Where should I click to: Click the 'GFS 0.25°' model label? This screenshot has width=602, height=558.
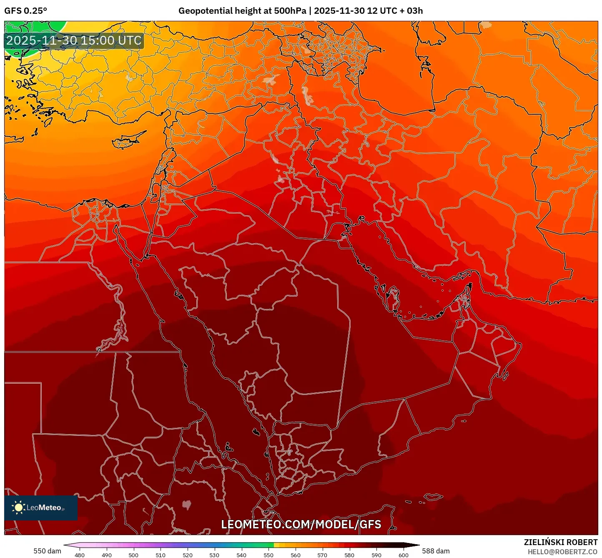point(25,11)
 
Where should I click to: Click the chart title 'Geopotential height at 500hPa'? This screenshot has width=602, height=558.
point(242,11)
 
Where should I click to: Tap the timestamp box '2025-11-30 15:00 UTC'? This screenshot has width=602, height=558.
point(74,41)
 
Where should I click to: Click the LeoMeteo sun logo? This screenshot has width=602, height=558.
point(18,508)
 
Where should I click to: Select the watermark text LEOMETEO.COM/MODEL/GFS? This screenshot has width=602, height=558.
point(301,524)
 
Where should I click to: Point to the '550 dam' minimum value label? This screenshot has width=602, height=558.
point(47,551)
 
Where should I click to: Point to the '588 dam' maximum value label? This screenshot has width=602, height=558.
point(436,551)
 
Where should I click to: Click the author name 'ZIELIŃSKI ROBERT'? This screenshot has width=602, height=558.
point(561,542)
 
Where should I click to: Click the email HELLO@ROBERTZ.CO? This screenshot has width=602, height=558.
point(562,552)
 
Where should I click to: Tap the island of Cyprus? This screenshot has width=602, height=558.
point(127,141)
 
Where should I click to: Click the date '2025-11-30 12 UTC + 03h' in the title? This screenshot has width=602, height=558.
point(368,11)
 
